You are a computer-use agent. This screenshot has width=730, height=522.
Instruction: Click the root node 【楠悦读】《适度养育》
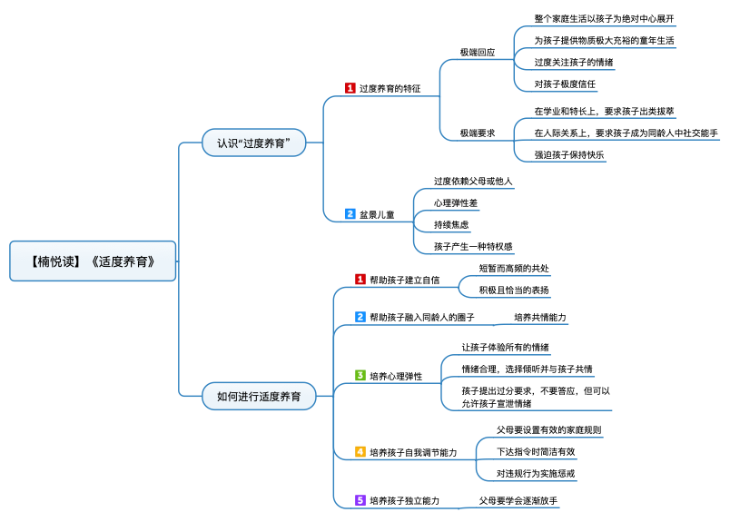tap(93, 261)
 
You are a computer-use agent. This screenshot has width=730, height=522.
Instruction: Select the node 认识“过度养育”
tap(253, 143)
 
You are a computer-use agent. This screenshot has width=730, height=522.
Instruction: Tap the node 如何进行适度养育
tap(259, 396)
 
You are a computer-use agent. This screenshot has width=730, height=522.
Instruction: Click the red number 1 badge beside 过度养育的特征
tap(350, 88)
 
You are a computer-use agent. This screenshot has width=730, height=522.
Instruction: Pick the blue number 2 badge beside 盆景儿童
tap(350, 214)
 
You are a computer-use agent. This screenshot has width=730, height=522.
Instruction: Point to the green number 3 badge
tap(360, 376)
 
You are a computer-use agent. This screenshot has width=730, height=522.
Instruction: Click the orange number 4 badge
tap(360, 451)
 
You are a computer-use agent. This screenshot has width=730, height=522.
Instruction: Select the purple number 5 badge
tap(360, 500)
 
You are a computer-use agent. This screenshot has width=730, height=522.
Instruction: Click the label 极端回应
tap(477, 53)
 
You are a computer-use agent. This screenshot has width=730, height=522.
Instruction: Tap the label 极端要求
tap(477, 133)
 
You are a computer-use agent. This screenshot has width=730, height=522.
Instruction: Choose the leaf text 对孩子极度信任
tap(565, 84)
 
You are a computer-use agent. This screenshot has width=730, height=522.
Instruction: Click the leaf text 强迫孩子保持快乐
tap(569, 154)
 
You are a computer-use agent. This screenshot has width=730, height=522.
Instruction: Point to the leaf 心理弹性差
tap(456, 202)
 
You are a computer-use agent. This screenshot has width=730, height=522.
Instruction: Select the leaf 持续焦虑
tap(451, 224)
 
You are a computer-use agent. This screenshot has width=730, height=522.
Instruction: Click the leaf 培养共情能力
tap(540, 318)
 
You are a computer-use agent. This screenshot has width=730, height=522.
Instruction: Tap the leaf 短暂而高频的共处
tap(514, 269)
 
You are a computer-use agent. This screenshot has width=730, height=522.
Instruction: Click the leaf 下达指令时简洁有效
tap(536, 451)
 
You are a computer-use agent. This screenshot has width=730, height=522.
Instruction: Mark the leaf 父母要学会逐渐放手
tap(518, 500)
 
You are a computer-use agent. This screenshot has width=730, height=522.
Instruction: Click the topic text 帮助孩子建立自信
tap(404, 281)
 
